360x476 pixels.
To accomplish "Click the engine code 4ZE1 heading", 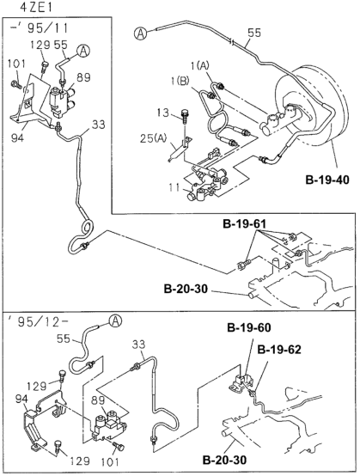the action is click(36, 8).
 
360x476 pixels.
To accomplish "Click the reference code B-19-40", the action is click(327, 180).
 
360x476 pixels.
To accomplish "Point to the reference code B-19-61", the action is click(244, 224).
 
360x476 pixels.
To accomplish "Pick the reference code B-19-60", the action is click(249, 328).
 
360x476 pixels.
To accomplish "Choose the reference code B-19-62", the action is click(279, 350).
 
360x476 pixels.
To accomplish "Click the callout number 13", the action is click(163, 113).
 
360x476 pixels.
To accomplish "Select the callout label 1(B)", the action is click(181, 81).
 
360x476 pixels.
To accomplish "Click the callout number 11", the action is click(174, 187).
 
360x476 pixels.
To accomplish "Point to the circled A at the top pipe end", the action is click(140, 33).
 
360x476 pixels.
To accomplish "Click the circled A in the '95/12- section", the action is click(115, 321).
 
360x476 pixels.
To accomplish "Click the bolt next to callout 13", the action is click(185, 117).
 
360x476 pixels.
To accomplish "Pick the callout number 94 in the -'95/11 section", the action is click(18, 138).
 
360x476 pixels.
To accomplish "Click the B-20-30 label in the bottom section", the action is click(224, 461).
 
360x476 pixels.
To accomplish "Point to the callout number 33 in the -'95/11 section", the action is click(98, 125).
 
